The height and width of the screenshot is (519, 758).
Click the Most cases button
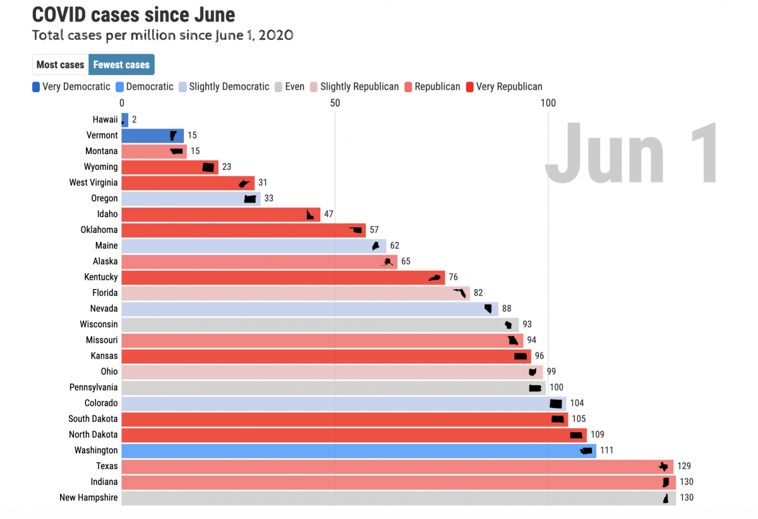[60, 64]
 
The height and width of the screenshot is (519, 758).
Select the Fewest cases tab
[121, 64]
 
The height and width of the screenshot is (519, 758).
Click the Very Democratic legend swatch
[36, 86]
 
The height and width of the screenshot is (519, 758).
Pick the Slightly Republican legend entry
[359, 86]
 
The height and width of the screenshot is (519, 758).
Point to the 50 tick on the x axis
[335, 102]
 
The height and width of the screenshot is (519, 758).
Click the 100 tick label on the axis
[548, 102]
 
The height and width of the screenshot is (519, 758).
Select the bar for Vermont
[152, 135]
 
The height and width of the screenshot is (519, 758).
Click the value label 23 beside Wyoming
[227, 167]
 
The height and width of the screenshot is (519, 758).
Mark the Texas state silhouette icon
[663, 467]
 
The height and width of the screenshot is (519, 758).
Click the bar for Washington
[354, 450]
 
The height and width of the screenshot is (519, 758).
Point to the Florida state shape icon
[460, 293]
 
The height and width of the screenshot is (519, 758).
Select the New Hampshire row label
[88, 498]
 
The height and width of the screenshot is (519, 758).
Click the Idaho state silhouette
[310, 214]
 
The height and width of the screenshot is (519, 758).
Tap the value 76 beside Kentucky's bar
[453, 277]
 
